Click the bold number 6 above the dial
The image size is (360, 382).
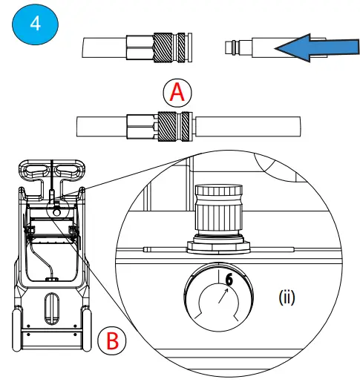pos(228,280)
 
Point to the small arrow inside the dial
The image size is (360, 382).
pos(223,299)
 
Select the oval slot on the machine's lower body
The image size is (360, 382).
pos(51,306)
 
